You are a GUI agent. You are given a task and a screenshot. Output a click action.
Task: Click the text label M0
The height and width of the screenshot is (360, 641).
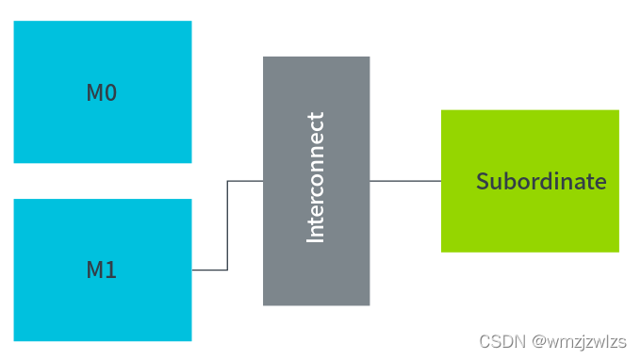[x=102, y=93]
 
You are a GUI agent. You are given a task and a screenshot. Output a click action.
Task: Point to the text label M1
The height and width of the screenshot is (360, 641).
[x=102, y=270]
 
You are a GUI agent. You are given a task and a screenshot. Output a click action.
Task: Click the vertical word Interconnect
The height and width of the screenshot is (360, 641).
[x=316, y=178]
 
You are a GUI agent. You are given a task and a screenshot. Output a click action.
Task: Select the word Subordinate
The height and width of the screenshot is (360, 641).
[x=541, y=181]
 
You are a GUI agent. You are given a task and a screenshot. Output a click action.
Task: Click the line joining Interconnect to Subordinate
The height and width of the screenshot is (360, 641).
[x=405, y=180]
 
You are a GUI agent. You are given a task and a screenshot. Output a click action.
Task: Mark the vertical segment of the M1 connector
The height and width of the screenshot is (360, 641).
[x=227, y=226]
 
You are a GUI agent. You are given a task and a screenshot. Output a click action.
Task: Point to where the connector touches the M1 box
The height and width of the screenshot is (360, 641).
[x=193, y=270]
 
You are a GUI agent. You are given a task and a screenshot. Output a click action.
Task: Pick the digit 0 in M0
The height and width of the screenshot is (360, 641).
[x=111, y=93]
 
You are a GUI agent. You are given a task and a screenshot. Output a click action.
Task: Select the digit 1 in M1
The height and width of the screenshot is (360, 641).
[x=111, y=270]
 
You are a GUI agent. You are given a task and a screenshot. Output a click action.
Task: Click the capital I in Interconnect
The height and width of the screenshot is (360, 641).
[x=316, y=238]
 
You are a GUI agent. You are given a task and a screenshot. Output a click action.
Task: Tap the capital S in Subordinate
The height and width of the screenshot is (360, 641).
[x=482, y=181]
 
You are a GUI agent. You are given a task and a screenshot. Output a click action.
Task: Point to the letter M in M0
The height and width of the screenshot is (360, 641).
[x=94, y=93]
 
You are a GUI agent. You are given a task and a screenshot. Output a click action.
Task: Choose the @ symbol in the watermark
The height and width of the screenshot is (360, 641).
[x=538, y=340]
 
